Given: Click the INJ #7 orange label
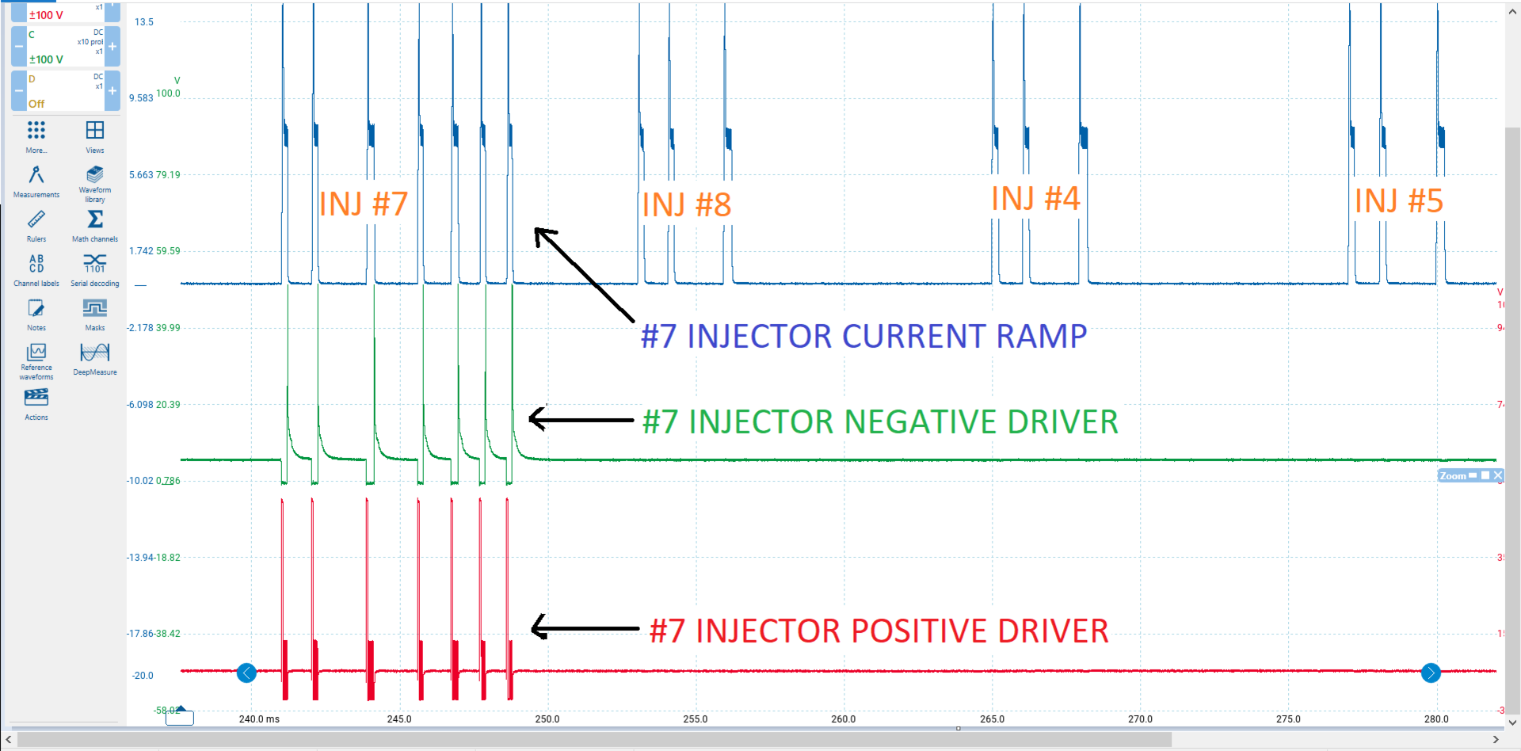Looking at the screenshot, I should (363, 204).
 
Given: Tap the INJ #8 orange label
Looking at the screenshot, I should (686, 205).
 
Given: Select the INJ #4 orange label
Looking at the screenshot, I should (1035, 199).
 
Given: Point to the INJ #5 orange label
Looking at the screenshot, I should (1398, 201).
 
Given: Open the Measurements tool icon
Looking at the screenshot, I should (36, 175).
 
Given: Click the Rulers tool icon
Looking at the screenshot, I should (36, 219).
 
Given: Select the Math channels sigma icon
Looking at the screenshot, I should (95, 219).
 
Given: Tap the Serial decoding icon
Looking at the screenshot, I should (95, 263).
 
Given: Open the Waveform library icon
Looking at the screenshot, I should (95, 174).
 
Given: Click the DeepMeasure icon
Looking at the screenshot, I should (95, 353).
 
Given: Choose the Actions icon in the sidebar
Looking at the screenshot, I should (36, 397).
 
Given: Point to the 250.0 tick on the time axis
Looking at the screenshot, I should (547, 719).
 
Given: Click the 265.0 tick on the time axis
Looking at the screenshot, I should (992, 719).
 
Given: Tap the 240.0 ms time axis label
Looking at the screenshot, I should (259, 719).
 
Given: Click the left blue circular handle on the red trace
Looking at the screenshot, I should (246, 673).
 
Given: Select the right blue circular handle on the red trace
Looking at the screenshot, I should (1431, 673).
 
